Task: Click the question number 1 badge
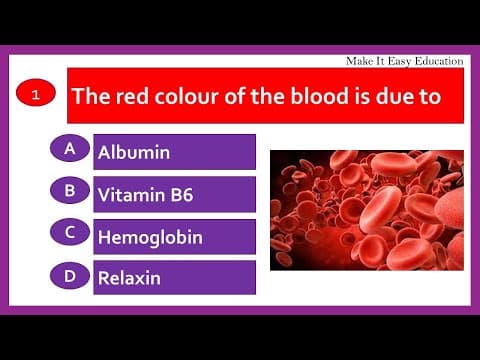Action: tap(35, 96)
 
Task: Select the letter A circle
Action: tap(69, 148)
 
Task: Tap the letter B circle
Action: tap(69, 190)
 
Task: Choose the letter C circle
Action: tap(69, 232)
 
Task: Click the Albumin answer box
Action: tap(174, 152)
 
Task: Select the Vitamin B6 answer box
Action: tap(174, 194)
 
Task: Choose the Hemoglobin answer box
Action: tap(174, 236)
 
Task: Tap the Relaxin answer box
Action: tap(174, 278)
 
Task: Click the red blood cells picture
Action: tap(366, 210)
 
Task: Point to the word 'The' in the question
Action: tap(90, 98)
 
